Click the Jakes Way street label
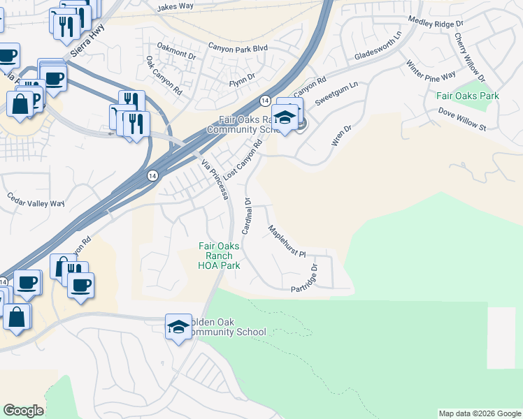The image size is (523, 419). (x=175, y=6)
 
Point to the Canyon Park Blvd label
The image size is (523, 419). (x=238, y=47)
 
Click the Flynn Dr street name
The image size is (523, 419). (x=243, y=82)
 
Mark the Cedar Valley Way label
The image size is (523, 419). (x=36, y=203)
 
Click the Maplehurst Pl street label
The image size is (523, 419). (x=287, y=242)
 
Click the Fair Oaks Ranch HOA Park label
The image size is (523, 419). (x=220, y=256)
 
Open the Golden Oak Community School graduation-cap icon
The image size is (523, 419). (x=178, y=326)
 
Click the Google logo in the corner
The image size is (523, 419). (x=23, y=411)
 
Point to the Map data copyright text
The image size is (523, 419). (x=480, y=413)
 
